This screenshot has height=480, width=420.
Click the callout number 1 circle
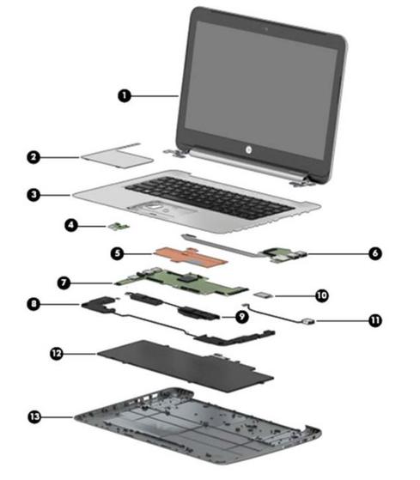(x=125, y=96)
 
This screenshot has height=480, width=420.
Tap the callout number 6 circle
(x=375, y=253)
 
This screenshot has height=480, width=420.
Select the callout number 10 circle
(x=322, y=295)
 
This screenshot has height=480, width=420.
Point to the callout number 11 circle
(x=375, y=320)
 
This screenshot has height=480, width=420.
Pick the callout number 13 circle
(x=34, y=416)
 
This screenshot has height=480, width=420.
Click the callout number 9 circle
(x=242, y=316)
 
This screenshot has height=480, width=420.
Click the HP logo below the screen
(x=248, y=149)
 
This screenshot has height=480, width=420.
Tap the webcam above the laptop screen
(x=266, y=29)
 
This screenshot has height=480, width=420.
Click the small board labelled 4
(x=119, y=227)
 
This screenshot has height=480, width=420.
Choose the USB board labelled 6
(x=283, y=255)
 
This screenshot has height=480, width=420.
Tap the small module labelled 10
(x=261, y=295)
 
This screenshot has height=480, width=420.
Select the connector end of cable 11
(x=306, y=321)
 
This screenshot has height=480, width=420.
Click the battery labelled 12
(x=186, y=365)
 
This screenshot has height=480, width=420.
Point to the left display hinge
(x=174, y=153)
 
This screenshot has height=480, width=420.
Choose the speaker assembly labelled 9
(x=173, y=306)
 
